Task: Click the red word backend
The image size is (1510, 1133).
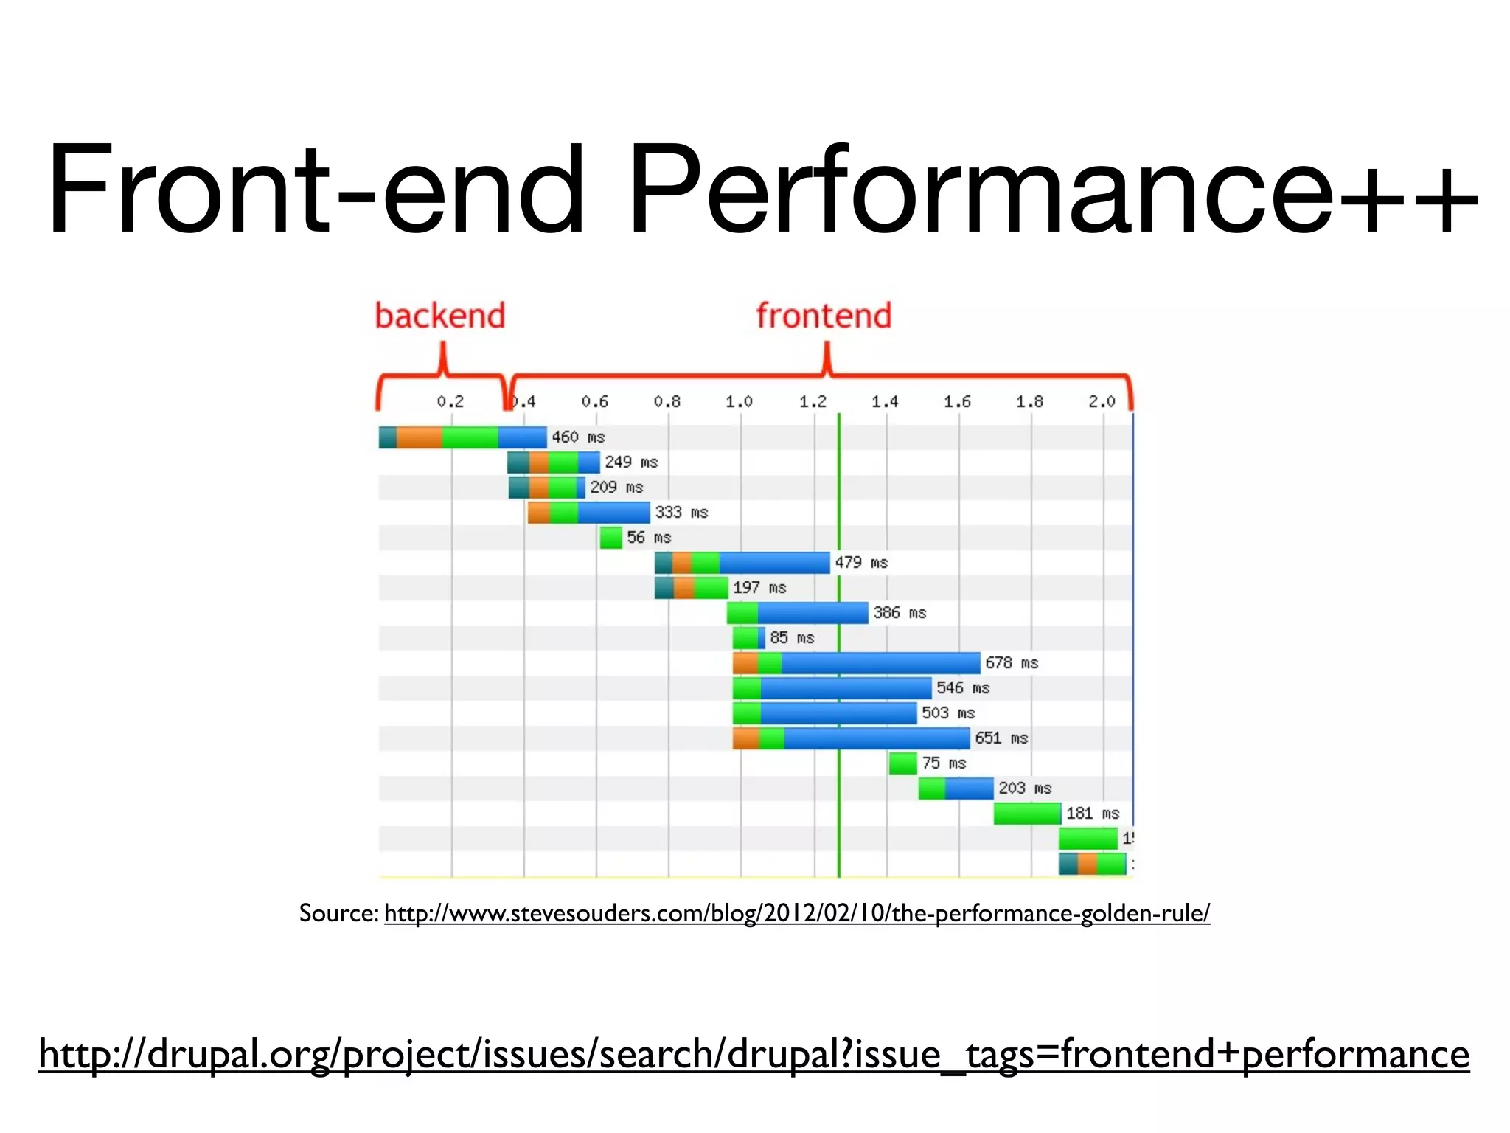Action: point(440,316)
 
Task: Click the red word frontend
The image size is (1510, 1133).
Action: point(824,316)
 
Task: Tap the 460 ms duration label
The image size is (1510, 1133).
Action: point(578,437)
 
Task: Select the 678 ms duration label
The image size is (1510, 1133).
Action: point(1012,662)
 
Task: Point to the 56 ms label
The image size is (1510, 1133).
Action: point(649,537)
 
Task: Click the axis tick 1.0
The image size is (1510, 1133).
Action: point(739,401)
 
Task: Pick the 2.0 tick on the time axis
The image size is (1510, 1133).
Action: point(1102,401)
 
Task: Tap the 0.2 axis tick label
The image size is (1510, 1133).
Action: point(450,401)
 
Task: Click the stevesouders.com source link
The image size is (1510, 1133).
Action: point(796,913)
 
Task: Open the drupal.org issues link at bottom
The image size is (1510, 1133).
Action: point(754,1053)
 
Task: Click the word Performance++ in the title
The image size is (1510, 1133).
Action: point(1053,190)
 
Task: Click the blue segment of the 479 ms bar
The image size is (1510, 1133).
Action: point(774,562)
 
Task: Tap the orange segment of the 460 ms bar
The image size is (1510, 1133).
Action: point(419,437)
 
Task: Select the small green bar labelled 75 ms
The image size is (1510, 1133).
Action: point(902,763)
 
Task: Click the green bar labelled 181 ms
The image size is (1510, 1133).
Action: point(1027,813)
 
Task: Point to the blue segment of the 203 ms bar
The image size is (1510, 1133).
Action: point(969,788)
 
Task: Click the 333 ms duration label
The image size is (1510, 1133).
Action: point(681,512)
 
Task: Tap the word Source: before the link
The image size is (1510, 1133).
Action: point(338,913)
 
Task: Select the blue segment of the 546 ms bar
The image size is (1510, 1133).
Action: point(846,687)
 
